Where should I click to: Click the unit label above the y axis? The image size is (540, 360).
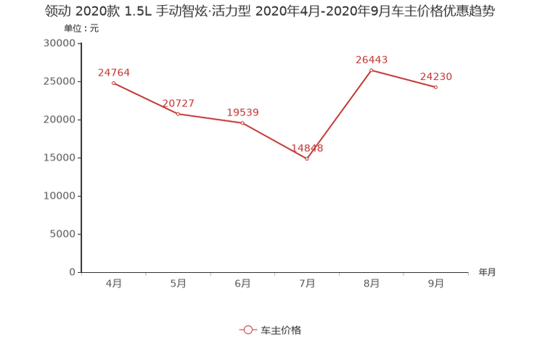[x=81, y=29]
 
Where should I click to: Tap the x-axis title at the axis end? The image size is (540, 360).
[x=487, y=272]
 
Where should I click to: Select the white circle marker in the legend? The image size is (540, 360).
[x=247, y=330]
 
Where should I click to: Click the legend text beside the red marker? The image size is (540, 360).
[x=280, y=330]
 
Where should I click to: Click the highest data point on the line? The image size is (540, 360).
[x=371, y=70]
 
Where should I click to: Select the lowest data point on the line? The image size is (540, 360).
[x=307, y=158]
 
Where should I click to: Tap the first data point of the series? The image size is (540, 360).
[x=112, y=83]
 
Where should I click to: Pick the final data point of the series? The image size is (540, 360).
[x=436, y=87]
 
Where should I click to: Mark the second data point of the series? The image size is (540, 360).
[x=178, y=114]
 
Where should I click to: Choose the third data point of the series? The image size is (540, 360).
[x=242, y=123]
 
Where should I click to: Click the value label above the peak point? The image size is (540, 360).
[x=372, y=59]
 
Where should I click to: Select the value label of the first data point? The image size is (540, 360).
[x=113, y=72]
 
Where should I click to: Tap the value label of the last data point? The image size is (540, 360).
[x=436, y=75]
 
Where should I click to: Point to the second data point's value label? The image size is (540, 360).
[x=178, y=103]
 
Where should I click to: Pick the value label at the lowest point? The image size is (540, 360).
[x=307, y=147]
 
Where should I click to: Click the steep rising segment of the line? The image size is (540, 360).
[x=339, y=114]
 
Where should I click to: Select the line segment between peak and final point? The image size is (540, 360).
[x=404, y=78]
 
